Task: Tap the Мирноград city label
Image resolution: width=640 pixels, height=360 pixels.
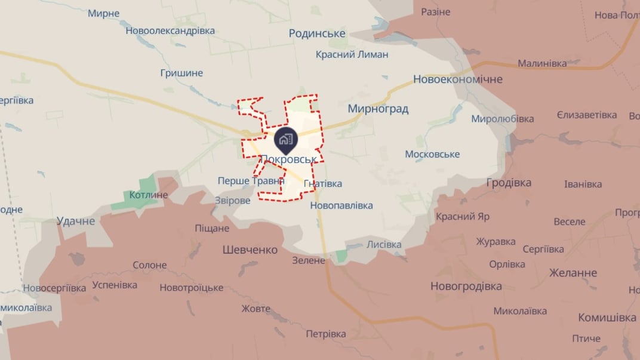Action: pos(378,109)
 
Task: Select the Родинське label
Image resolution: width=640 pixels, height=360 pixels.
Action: pos(317,33)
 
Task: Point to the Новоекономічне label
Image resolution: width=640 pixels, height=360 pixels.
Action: pos(458,79)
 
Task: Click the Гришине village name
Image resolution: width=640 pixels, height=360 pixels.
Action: pos(181,73)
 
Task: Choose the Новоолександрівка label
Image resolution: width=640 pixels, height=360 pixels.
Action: pos(170,31)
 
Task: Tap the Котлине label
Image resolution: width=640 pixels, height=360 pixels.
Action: pos(148,195)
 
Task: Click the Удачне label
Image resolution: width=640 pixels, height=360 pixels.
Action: pos(76,221)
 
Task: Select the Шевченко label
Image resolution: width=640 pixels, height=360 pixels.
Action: pos(250,250)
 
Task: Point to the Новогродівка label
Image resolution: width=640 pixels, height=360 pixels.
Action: pos(466,287)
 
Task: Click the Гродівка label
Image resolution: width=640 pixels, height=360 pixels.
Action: pos(509,183)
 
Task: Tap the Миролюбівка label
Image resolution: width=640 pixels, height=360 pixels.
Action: pos(503,118)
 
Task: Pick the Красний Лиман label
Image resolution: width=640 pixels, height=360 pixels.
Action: pos(352,54)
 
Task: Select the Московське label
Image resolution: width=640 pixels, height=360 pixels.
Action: pos(432,154)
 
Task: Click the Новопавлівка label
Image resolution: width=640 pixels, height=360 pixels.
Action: pos(341,205)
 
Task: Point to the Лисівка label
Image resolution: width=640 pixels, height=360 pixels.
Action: pos(384,244)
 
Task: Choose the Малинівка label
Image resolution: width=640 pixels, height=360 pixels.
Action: pos(542,63)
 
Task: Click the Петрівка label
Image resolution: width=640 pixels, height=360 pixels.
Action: pos(326,334)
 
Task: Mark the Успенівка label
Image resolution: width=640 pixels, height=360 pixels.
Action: pos(115,285)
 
